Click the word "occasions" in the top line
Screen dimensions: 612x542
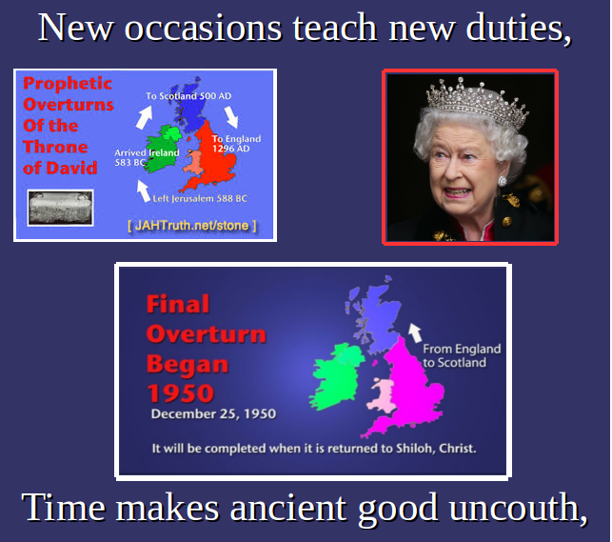[203, 28]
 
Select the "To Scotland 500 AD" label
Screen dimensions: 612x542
[188, 96]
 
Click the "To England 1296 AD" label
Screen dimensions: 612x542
[237, 144]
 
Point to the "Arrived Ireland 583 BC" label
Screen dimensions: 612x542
[147, 157]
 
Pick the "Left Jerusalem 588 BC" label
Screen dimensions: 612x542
[200, 199]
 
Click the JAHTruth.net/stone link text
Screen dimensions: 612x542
[192, 226]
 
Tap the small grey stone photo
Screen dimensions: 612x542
[61, 208]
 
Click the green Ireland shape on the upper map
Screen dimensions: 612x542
[164, 149]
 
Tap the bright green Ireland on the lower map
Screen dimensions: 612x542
[336, 377]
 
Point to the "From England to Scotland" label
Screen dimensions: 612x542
[462, 355]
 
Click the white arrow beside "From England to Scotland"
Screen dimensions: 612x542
[415, 333]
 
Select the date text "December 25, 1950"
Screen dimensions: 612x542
[213, 414]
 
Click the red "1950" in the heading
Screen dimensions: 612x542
[181, 393]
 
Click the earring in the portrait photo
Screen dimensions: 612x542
[503, 181]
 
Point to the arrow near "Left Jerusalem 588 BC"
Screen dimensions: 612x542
[143, 191]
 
